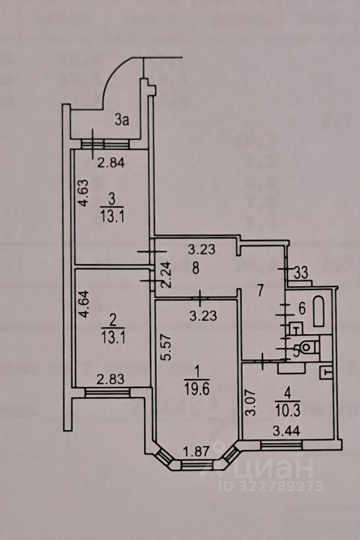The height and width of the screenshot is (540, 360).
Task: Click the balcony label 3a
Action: [122, 119]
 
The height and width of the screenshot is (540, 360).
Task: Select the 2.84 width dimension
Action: [111, 164]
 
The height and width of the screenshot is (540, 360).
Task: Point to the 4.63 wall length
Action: [83, 193]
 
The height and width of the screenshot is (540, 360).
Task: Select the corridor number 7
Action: [260, 291]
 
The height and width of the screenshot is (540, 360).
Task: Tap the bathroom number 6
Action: [301, 308]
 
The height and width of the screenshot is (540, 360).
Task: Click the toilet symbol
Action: [307, 347]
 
